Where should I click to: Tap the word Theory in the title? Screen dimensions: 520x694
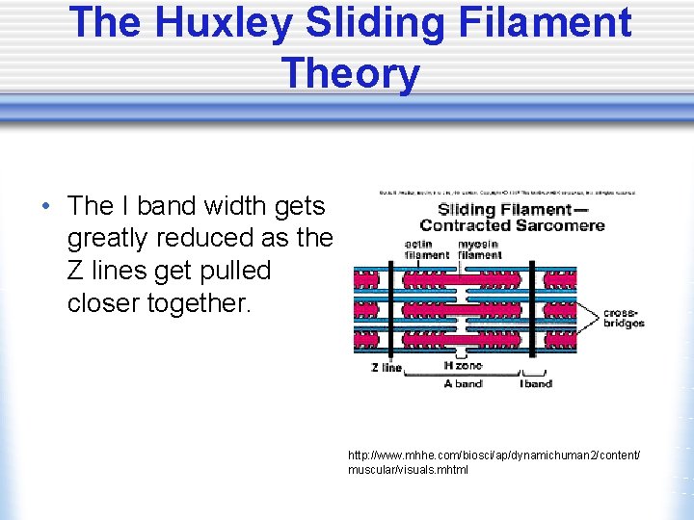coord(351,73)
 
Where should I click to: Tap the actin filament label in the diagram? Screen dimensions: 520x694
coord(425,249)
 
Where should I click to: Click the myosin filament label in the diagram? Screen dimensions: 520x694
coord(479,249)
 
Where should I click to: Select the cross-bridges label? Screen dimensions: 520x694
coord(624,318)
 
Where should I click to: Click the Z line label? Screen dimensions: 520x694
coord(387,368)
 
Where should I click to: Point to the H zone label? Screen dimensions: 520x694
coord(462,365)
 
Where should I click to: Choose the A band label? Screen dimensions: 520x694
coord(463,383)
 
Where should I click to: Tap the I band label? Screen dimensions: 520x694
coord(537,383)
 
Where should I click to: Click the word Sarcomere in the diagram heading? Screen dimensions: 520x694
coord(562,225)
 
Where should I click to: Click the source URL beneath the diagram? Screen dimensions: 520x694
coord(494,461)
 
